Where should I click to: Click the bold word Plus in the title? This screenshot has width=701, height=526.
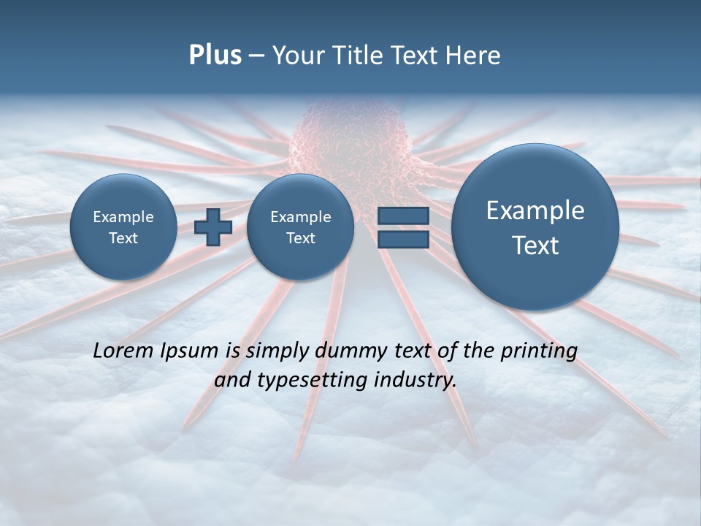[x=215, y=56]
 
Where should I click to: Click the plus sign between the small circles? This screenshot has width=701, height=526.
[x=213, y=227]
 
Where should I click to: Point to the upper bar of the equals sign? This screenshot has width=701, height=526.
[x=402, y=216]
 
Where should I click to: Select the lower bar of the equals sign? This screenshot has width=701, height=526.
[x=402, y=240]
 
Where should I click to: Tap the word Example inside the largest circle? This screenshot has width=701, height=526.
[x=535, y=210]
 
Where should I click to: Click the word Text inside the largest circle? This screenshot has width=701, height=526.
[x=535, y=245]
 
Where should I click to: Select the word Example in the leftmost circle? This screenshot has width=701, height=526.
[x=123, y=217]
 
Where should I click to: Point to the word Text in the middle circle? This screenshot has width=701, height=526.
[x=300, y=238]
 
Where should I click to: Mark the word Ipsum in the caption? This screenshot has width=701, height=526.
[x=190, y=351]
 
